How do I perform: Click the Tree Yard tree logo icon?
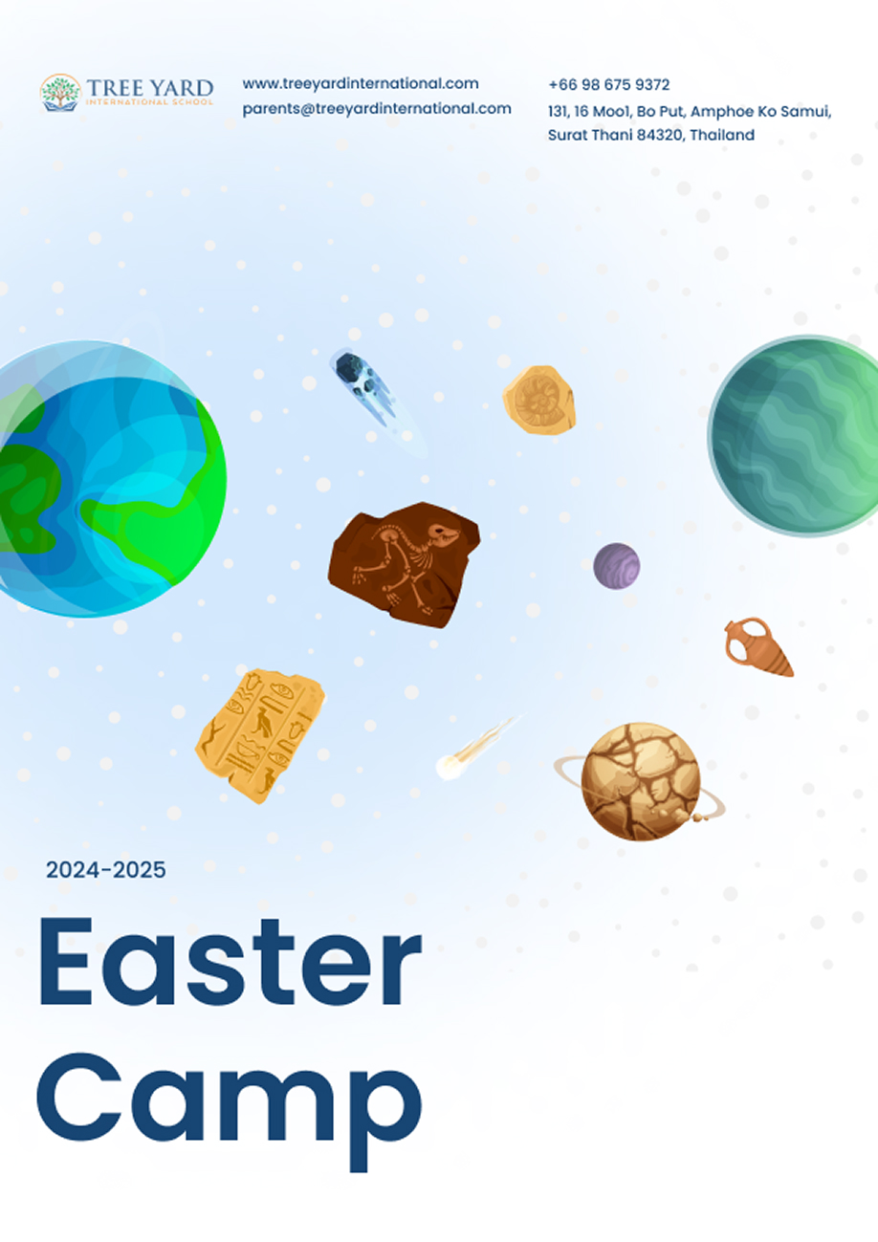[60, 93]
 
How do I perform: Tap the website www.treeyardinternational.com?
[361, 84]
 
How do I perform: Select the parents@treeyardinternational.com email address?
[377, 109]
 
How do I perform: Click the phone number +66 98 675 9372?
[608, 85]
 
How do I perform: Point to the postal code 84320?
[660, 135]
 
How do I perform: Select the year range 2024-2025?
[105, 870]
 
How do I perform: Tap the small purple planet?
[616, 566]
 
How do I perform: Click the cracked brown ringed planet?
[640, 781]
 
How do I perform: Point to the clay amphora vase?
[757, 646]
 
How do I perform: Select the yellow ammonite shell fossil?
[538, 400]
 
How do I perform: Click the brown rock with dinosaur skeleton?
[404, 564]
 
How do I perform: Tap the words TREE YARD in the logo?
[150, 88]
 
